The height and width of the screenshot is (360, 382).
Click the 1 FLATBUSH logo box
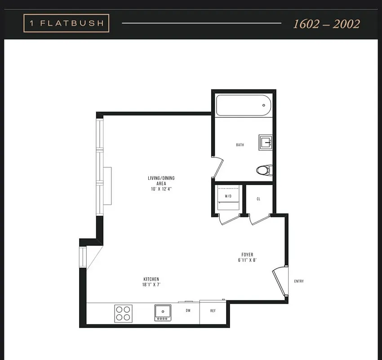(x=66, y=23)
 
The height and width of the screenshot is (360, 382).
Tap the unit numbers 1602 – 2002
(x=326, y=24)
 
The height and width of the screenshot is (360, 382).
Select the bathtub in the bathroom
(x=244, y=105)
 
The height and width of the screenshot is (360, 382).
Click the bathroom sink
(x=266, y=143)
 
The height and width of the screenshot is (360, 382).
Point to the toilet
(x=264, y=170)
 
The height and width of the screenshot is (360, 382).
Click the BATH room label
(x=240, y=145)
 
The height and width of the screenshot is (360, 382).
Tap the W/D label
(x=228, y=196)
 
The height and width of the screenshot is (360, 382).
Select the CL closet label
(x=258, y=198)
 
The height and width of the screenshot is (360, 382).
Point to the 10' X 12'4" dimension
(x=161, y=189)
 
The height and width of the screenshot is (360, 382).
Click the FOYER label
(x=247, y=254)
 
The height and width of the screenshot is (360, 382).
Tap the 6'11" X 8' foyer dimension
(x=247, y=260)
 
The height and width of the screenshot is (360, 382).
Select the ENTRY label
(x=299, y=281)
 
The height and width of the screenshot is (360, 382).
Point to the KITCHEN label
(x=151, y=279)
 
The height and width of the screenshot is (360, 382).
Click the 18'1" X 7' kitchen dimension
(x=151, y=285)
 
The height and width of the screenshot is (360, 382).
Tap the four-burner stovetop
(x=123, y=313)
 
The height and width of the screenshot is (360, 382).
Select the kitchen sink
(x=163, y=312)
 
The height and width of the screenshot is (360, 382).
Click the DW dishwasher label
(x=188, y=310)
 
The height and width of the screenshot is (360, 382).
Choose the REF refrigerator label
(x=213, y=310)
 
